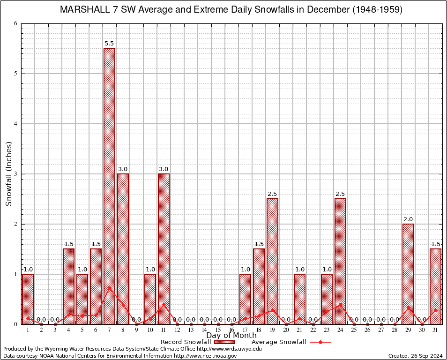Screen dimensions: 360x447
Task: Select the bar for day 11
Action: coord(164,248)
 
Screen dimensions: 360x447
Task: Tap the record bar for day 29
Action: coord(408,274)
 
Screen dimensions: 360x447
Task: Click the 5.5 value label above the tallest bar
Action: coord(109,44)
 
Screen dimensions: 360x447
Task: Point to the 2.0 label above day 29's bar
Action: coord(408,219)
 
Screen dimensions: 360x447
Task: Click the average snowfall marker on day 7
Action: coord(109,288)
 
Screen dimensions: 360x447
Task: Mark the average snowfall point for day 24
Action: coord(340,304)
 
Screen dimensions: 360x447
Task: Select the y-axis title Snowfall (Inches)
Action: coord(9,173)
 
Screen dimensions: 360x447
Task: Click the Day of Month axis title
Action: coord(231,336)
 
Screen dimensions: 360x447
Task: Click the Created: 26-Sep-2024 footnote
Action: coord(416,356)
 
